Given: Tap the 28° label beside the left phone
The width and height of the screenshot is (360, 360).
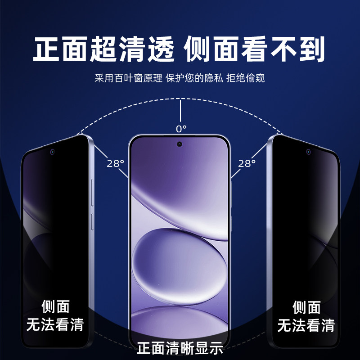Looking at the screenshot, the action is pos(115,163).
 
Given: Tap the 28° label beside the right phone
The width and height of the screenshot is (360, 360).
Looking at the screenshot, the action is pos(247,163).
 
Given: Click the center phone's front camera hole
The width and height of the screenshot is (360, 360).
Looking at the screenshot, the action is pos(180,144).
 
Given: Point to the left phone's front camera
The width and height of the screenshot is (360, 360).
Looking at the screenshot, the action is pos(53,152).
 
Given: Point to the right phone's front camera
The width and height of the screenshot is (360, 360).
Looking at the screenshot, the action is pos(308,152).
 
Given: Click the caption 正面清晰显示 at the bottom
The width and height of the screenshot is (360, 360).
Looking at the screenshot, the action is pos(180,348).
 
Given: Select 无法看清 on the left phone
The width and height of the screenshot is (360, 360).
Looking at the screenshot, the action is pos(55,325).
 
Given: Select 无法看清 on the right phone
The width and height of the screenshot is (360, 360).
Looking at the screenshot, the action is pos(306,325).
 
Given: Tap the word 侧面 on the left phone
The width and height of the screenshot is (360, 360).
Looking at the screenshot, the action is pos(55,307).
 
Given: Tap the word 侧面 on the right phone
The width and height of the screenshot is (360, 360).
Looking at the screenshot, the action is pos(306,307).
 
